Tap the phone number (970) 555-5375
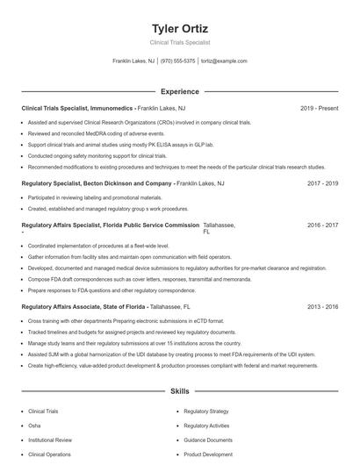click(x=178, y=61)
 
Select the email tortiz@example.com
click(x=224, y=61)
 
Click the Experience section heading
click(x=179, y=91)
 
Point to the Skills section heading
click(x=179, y=391)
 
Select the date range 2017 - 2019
click(x=323, y=183)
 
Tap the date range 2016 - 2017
click(x=323, y=225)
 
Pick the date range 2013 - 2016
click(x=323, y=307)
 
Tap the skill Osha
click(x=36, y=426)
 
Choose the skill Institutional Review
click(x=49, y=440)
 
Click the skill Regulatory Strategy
click(x=206, y=411)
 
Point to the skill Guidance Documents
click(x=208, y=440)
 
